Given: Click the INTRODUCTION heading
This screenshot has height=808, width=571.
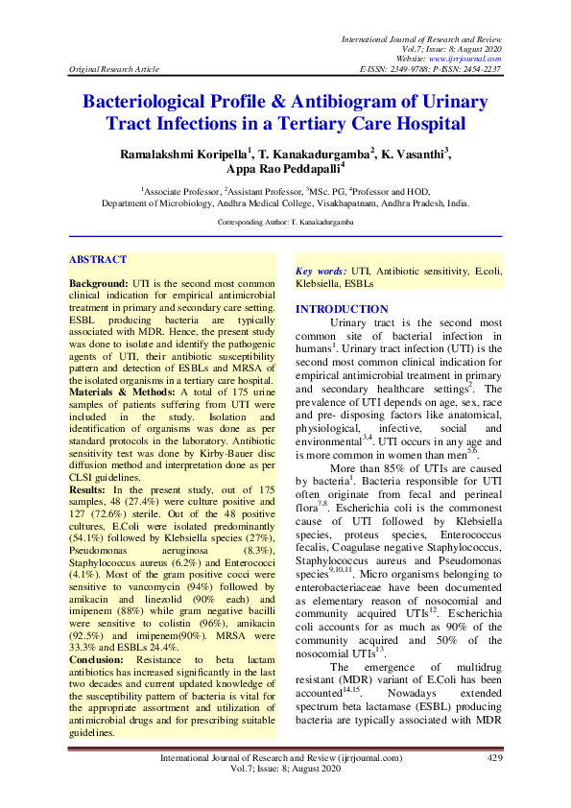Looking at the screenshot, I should coord(341,309).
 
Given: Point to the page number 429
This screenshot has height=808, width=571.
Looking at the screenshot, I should coord(495,758).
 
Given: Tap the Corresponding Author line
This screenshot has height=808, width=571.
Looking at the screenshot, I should coord(285,223).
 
